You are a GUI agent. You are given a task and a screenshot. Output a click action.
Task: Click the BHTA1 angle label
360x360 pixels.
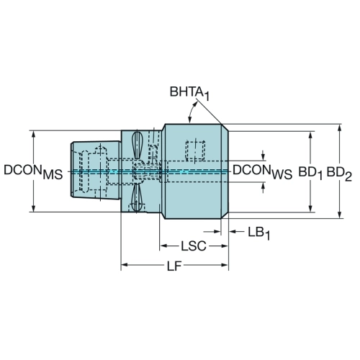click(x=189, y=93)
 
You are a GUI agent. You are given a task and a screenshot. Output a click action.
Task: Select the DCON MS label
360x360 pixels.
click(x=33, y=172)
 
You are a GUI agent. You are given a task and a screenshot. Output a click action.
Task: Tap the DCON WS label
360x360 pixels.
click(x=262, y=172)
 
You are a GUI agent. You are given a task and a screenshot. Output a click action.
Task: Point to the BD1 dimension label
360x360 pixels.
click(x=310, y=174)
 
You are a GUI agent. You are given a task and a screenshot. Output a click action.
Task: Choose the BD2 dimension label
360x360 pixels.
click(x=339, y=174)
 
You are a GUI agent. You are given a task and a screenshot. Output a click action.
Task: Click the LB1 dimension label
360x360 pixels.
click(x=258, y=233)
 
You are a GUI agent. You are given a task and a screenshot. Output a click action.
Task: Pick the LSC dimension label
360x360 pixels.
click(x=194, y=246)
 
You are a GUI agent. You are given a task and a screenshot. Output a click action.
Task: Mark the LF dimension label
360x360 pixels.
click(x=174, y=266)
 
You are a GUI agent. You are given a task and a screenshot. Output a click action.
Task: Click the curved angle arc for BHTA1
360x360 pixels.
click(x=192, y=111)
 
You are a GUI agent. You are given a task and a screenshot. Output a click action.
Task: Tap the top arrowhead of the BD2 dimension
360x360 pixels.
click(x=339, y=127)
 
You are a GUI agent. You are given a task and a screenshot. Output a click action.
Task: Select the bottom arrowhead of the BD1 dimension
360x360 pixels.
click(x=310, y=209)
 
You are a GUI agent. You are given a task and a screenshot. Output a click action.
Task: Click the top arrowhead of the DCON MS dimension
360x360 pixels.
click(x=34, y=135)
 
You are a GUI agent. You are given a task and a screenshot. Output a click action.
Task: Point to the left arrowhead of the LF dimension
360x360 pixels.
click(x=125, y=265)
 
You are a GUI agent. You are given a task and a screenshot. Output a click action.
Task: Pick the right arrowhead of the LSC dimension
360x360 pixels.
click(x=224, y=246)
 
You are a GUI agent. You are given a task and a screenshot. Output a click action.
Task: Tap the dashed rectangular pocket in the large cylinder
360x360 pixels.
click(x=195, y=150)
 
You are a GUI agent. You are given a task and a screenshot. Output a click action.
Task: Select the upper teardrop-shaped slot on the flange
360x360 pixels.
click(x=137, y=145)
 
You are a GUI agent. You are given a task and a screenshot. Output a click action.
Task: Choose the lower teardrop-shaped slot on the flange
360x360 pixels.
click(x=137, y=197)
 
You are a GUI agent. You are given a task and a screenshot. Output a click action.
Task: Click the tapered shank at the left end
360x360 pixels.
click(x=96, y=170)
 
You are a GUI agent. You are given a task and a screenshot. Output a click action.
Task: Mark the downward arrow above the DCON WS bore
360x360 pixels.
click(x=264, y=156)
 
